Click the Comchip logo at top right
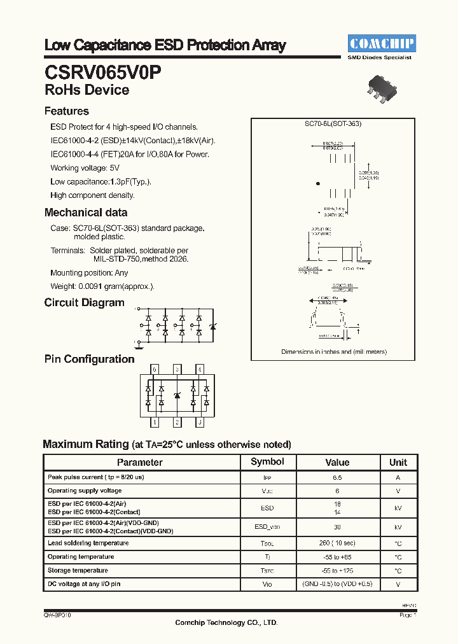pos(381,43)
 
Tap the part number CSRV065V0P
pos(103,71)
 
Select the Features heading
pos(67,111)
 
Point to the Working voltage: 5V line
pos(85,168)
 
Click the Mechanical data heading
pos(86,213)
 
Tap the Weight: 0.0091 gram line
pos(102,286)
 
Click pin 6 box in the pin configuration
pos(154,369)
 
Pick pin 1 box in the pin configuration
pos(154,422)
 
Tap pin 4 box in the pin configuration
pos(200,369)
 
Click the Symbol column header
pos(267,462)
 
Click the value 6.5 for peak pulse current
pos(337,477)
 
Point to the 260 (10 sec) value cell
pos(337,543)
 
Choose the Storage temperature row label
pos(78,570)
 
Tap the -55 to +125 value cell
pos(337,571)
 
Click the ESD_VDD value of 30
pos(337,528)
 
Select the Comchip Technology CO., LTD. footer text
pos(226,622)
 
